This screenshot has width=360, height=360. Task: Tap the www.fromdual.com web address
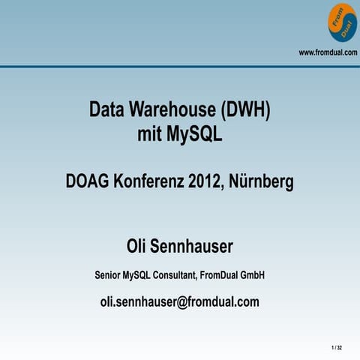(x=328, y=52)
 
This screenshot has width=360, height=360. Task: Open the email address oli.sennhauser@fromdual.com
(x=180, y=302)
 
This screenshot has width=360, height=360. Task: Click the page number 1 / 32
(x=335, y=348)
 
